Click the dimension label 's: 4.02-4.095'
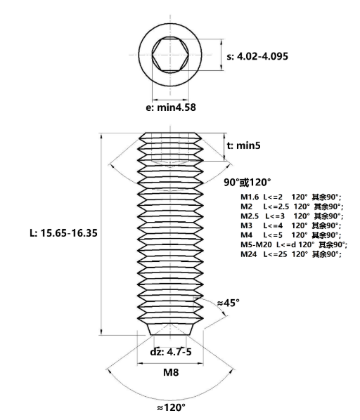pos(257,56)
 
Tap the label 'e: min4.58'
pos(171,107)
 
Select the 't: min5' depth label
pos(244,145)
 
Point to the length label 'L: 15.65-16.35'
pos(63,232)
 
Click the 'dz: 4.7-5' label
pos(171,351)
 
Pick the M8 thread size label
pos(171,372)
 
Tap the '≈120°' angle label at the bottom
pos(171,407)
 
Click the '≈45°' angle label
pos(228,303)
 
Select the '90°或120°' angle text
pos(247,183)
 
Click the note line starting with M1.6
pos(291,197)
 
